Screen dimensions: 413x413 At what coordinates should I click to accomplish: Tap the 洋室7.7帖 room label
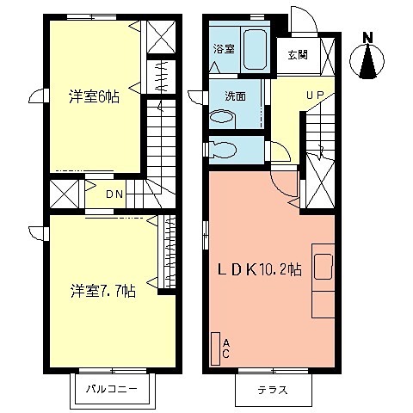(x=102, y=290)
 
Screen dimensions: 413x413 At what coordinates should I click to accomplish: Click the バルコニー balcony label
(x=112, y=389)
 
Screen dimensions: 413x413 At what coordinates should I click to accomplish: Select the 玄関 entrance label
(x=299, y=54)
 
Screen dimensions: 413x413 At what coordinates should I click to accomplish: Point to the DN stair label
(x=115, y=193)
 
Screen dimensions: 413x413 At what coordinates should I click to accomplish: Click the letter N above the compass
(x=367, y=37)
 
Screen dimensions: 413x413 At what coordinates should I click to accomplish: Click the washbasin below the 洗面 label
(x=220, y=119)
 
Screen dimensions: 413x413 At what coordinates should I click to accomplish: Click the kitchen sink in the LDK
(x=323, y=268)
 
